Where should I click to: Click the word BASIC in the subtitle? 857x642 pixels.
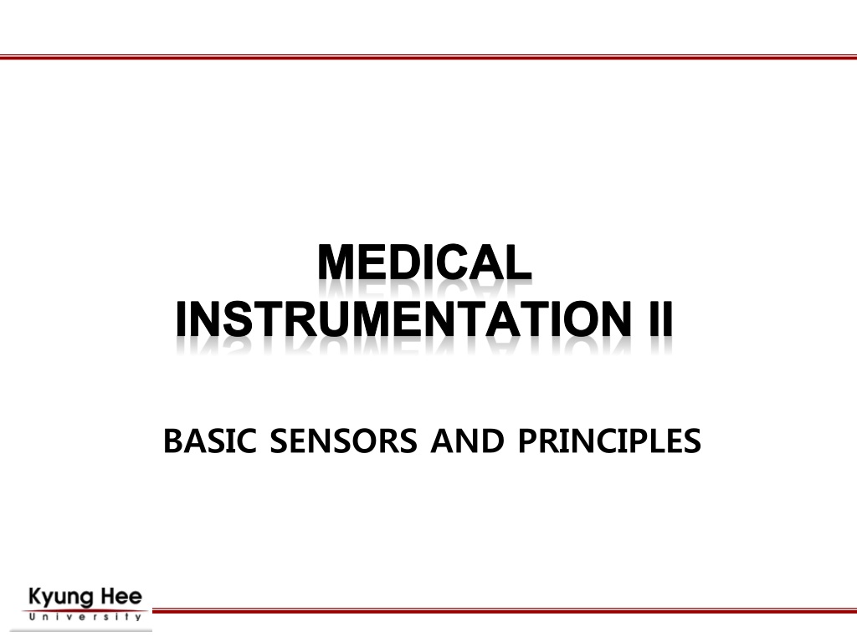(x=210, y=441)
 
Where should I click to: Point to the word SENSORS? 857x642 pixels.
(x=343, y=441)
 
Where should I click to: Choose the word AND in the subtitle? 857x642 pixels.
(x=467, y=441)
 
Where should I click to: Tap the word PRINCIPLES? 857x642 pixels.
(x=609, y=441)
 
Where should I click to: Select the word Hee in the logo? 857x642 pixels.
(x=122, y=596)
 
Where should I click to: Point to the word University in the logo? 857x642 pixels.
(x=85, y=618)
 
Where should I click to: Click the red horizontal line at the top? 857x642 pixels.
(x=428, y=57)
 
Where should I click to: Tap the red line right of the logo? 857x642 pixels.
(x=505, y=611)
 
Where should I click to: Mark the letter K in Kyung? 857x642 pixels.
(x=35, y=596)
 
